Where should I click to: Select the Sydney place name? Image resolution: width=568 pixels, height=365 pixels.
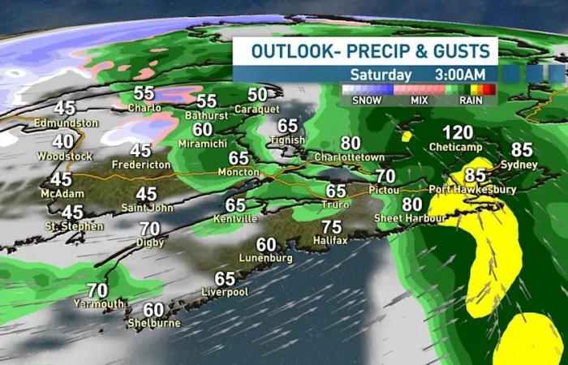[520, 165]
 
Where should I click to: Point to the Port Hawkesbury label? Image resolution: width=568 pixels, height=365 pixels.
[471, 189]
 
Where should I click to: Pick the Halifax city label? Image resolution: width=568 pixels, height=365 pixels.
[330, 241]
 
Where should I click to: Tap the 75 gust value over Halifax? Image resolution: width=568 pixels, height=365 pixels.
[331, 227]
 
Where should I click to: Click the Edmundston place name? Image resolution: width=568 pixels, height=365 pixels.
[66, 123]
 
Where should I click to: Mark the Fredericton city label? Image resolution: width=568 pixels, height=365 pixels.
[141, 165]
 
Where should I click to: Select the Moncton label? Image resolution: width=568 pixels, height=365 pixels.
[238, 172]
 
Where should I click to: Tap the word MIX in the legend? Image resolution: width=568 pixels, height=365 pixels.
[420, 101]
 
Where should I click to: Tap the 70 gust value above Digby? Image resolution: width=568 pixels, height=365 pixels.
[149, 230]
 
